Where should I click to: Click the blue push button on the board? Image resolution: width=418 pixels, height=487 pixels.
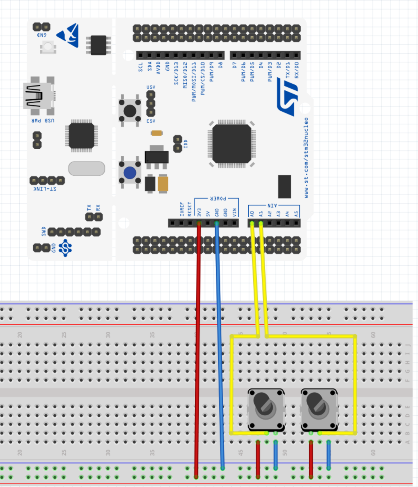(x=130, y=173)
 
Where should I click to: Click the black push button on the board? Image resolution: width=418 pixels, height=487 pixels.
(x=130, y=111)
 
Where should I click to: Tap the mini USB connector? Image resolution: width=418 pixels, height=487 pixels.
(x=37, y=95)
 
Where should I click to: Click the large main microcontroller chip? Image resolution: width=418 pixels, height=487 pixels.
(x=232, y=144)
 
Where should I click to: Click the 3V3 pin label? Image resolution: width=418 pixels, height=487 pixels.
(x=199, y=212)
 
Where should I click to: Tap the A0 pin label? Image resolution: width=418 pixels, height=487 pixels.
(x=252, y=214)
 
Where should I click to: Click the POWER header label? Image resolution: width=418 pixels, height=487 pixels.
(x=218, y=199)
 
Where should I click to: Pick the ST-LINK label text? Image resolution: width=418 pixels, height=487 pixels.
(x=45, y=189)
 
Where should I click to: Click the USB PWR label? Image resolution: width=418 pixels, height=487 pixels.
(x=43, y=120)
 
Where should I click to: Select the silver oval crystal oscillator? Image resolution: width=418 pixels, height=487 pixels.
(x=87, y=168)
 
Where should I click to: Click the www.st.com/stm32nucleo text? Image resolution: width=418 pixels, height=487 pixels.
(x=306, y=158)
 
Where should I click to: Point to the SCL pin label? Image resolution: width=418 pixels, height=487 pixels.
(x=140, y=67)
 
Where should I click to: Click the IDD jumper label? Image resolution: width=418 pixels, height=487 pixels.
(x=186, y=144)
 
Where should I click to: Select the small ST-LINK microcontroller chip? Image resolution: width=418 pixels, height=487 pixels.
(x=82, y=136)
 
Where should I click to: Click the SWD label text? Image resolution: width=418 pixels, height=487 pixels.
(x=44, y=231)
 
